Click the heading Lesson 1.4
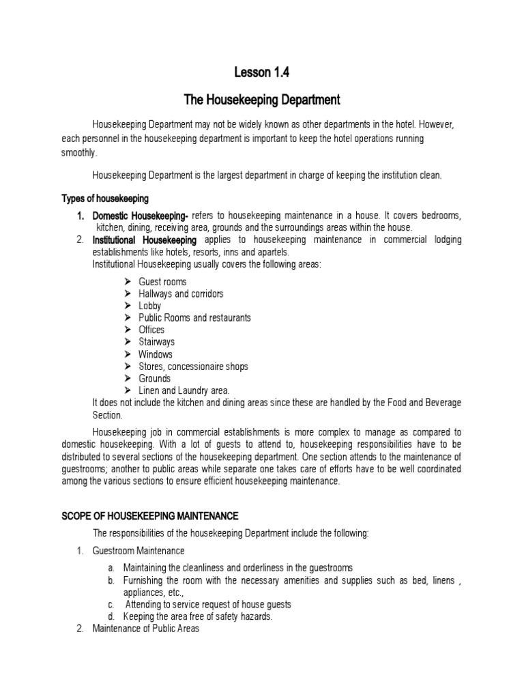click(261, 74)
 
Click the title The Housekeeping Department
click(262, 100)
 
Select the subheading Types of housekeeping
click(105, 199)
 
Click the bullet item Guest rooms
click(162, 281)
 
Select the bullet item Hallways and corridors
click(181, 294)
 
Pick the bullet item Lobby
click(149, 306)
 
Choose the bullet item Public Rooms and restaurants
click(194, 317)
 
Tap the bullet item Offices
click(151, 330)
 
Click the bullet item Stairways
click(156, 342)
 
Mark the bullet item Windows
click(156, 354)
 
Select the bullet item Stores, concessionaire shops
click(193, 367)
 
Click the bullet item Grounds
click(154, 378)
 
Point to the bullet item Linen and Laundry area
click(184, 390)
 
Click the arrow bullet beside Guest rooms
click(129, 281)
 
